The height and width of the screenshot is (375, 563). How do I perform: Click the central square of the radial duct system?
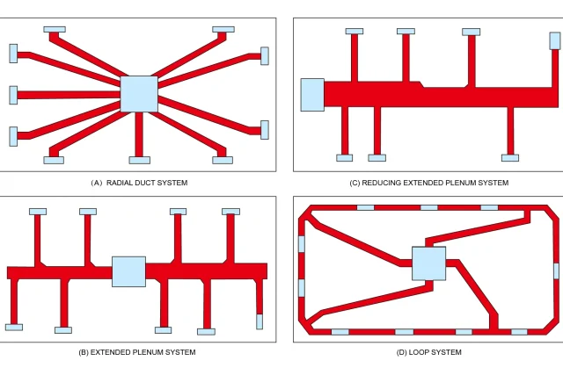(138, 94)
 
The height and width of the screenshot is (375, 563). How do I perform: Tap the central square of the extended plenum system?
(128, 271)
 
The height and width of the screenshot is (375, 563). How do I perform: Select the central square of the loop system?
(428, 263)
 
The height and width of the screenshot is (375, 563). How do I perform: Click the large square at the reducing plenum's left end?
(312, 95)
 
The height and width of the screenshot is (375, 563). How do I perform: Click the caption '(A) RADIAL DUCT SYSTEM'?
(139, 183)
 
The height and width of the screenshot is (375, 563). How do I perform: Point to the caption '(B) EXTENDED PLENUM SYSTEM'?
(137, 352)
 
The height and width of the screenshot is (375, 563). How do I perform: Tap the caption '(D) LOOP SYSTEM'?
(427, 352)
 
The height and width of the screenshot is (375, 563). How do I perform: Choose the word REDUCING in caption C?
(386, 183)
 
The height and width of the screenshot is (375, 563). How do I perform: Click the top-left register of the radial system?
(54, 29)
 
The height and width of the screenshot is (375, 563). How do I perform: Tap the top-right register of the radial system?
(223, 29)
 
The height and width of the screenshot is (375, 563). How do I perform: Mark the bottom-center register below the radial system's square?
(139, 160)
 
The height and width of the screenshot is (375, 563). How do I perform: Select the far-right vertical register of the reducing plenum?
(554, 40)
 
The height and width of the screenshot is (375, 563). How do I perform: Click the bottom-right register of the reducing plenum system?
(510, 158)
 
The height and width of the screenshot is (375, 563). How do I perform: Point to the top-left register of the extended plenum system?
(38, 212)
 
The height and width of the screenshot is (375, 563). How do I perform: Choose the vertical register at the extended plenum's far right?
(260, 321)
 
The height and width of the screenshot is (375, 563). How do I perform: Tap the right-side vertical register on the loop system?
(555, 270)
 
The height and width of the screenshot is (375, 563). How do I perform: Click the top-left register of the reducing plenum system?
(355, 32)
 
